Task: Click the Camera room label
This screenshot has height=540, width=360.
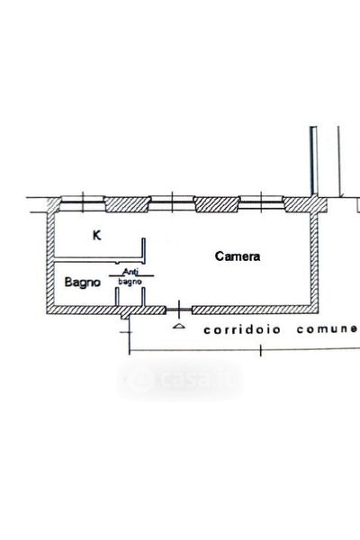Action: click(238, 256)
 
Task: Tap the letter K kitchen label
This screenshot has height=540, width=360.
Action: click(97, 236)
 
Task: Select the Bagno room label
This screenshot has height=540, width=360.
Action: click(82, 282)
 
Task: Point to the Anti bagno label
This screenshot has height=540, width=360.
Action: click(130, 276)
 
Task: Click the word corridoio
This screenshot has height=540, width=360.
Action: click(242, 329)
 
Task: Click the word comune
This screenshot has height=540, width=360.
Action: click(327, 328)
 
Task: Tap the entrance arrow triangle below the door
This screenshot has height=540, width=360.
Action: click(178, 326)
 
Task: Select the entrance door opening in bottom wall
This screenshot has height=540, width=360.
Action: click(178, 310)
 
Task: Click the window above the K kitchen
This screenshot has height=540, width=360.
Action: click(83, 202)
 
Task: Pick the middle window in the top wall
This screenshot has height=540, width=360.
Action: click(172, 202)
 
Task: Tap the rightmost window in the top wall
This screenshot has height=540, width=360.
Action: click(262, 202)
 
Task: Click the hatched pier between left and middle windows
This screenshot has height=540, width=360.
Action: click(127, 204)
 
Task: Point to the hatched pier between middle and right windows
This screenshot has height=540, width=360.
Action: click(217, 204)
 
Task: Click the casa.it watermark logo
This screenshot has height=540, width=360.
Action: click(180, 380)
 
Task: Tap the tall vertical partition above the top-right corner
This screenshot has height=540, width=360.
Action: click(313, 161)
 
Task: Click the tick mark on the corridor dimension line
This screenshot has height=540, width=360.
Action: click(260, 350)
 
